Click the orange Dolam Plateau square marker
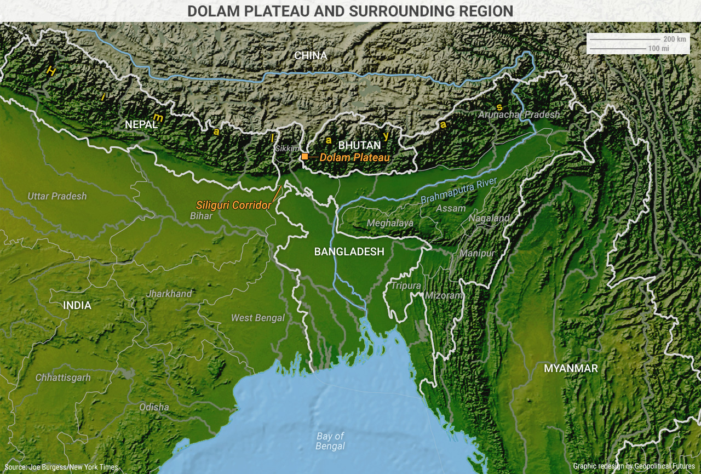[304, 157]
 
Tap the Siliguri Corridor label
[234, 205]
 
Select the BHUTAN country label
[359, 145]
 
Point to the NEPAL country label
[141, 124]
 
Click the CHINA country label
[311, 55]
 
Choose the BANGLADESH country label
[349, 252]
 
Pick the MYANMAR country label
[571, 368]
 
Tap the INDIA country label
[77, 305]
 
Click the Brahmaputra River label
[458, 191]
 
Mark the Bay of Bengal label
[330, 441]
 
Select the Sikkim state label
[288, 149]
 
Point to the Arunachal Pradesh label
[519, 115]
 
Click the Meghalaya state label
[390, 223]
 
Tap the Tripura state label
[406, 285]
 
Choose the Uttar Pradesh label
[58, 196]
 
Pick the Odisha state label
[154, 407]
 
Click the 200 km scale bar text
[674, 39]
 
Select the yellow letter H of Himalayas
[51, 71]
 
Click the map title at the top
[350, 11]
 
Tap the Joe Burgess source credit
[61, 467]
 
